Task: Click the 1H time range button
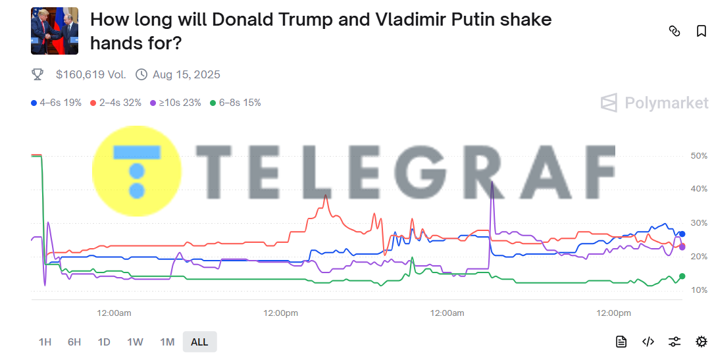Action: [x=45, y=342]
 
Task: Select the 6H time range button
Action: [x=74, y=342]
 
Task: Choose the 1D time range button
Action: [x=104, y=342]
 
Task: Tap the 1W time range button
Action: [x=135, y=342]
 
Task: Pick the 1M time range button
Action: [x=167, y=342]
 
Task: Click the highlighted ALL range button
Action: [x=199, y=342]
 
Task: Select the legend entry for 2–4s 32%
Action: [x=116, y=103]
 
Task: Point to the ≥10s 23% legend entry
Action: [x=176, y=103]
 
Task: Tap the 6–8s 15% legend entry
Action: [x=236, y=103]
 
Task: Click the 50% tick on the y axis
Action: [x=699, y=156]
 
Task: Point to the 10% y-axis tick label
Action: [x=699, y=290]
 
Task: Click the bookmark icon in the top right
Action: [x=701, y=31]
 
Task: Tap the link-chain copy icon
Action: [x=674, y=31]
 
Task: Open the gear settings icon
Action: [x=701, y=342]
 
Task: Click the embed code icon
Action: [x=648, y=342]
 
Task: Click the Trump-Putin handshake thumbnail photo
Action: [x=55, y=31]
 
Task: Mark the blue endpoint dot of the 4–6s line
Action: [x=682, y=234]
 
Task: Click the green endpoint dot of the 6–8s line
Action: [x=682, y=276]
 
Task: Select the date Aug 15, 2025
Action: [x=186, y=74]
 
